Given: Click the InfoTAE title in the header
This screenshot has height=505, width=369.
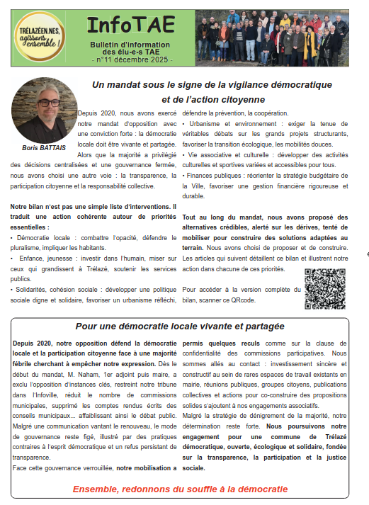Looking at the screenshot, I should coord(129,24).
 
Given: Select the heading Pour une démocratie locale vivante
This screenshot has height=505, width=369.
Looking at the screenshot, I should coord(180,327).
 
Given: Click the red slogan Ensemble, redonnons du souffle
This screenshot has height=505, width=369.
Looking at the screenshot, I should coord(181,489).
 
